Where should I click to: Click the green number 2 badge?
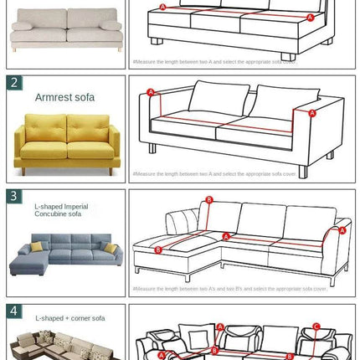(x=15, y=82)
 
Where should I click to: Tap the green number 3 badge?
(x=15, y=197)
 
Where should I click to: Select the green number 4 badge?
(x=15, y=311)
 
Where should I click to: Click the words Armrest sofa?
(x=64, y=97)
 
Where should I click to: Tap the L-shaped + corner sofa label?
(x=70, y=318)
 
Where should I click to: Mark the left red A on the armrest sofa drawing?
(x=151, y=92)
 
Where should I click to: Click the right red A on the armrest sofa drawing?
(x=312, y=112)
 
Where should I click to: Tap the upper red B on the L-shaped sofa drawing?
(x=209, y=200)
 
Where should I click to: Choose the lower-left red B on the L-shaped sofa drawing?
(x=158, y=249)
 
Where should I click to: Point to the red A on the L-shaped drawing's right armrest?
(x=342, y=230)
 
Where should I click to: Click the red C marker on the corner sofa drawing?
(x=316, y=327)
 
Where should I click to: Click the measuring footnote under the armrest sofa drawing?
(x=214, y=174)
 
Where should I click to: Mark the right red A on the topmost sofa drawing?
(x=306, y=15)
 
